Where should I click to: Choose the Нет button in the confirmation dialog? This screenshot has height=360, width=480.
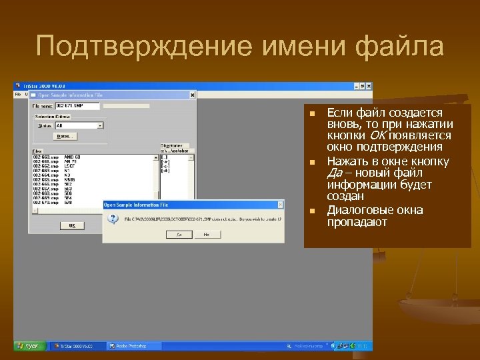click(207, 235)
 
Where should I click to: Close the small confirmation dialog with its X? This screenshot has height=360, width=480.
click(279, 205)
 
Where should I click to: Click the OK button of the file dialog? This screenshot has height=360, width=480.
click(71, 225)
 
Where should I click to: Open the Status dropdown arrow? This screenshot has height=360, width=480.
click(101, 125)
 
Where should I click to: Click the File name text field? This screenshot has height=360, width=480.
click(77, 105)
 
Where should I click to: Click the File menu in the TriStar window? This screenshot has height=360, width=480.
click(18, 94)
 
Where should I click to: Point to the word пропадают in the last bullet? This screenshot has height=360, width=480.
click(357, 222)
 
